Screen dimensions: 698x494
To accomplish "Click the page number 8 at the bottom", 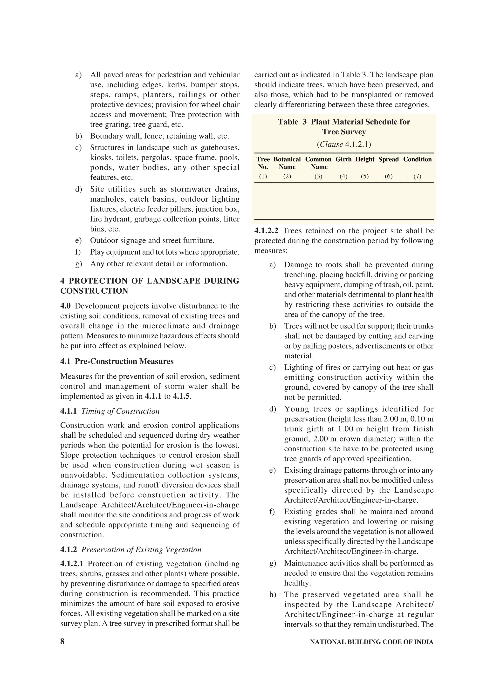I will click(62, 642).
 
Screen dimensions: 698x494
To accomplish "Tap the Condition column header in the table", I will click(417, 159).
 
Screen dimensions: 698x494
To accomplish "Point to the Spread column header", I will click(388, 159).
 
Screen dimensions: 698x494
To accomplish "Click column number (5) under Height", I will click(365, 176).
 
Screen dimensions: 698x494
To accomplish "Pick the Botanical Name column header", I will click(287, 163).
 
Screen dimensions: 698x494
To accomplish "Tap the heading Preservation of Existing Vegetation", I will click(141, 550).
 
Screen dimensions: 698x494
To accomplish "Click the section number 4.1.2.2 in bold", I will click(266, 231).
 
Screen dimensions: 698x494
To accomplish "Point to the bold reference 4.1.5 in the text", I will click(181, 396).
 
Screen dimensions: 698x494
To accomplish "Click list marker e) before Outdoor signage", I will click(79, 240).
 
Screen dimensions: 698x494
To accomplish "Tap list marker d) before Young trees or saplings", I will click(272, 409).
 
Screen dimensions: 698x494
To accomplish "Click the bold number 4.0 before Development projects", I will click(65, 306).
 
